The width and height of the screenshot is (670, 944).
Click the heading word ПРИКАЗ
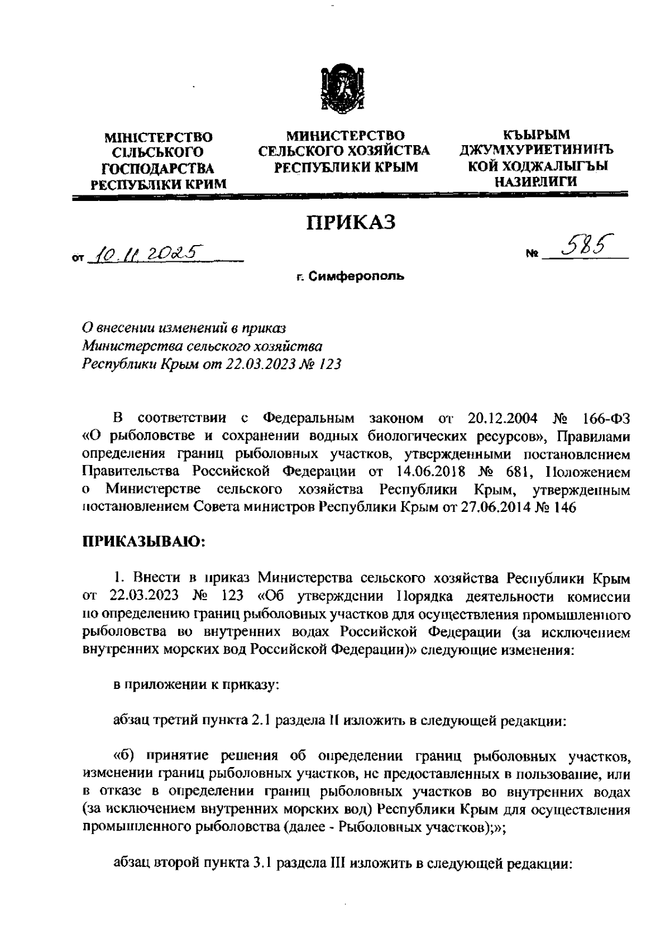click(x=351, y=222)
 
